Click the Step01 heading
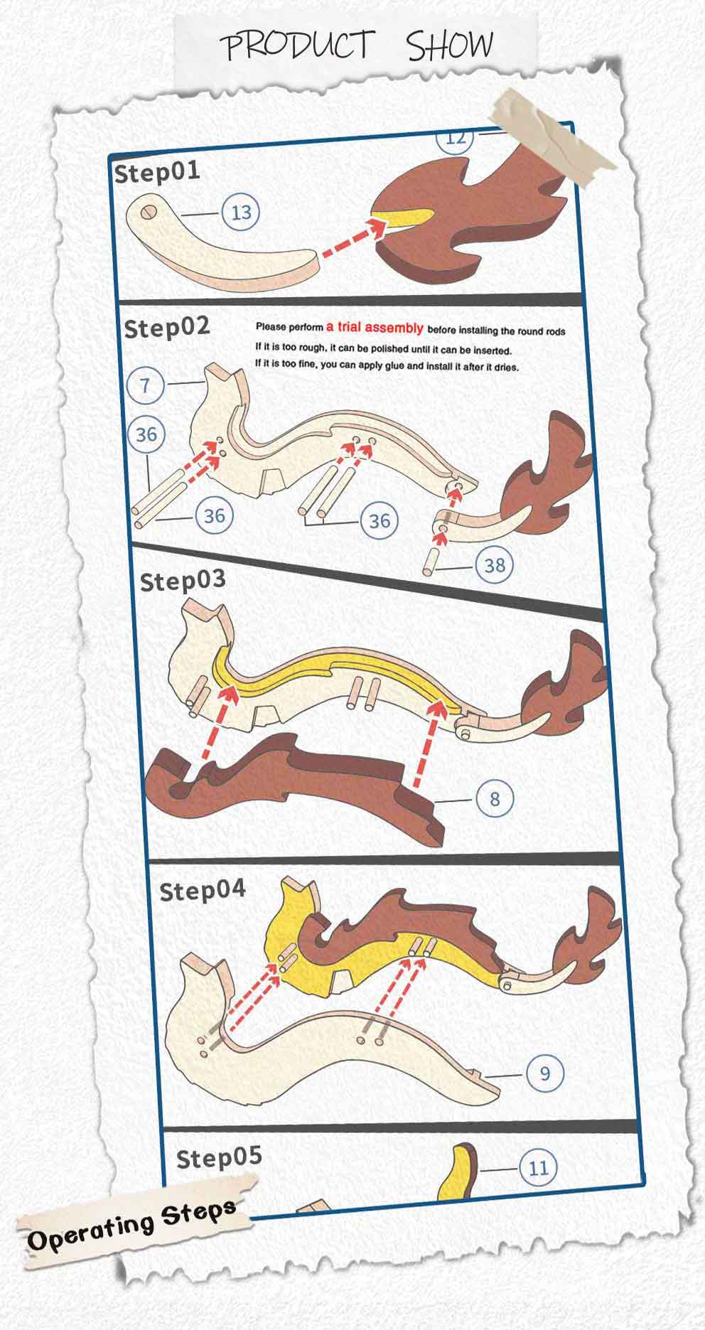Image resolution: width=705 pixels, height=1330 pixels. pos(157,173)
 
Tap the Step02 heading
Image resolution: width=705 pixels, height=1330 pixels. pos(167,328)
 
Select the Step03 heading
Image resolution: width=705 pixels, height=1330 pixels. pos(183,580)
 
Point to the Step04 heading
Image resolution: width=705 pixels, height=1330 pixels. pos(203,890)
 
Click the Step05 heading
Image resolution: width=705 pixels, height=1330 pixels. pos(220,1157)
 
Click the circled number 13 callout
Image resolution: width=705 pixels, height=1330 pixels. pos(242,212)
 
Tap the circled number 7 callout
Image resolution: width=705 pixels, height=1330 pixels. pos(145,385)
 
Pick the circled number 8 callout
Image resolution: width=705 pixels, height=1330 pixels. pos(495,799)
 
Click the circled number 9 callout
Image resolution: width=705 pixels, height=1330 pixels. pos(545,1073)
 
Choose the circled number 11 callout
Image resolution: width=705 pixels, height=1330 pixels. pos(539,1167)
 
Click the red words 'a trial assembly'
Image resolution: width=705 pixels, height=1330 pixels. pos(375,328)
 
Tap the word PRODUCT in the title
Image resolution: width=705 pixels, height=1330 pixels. pos(296,45)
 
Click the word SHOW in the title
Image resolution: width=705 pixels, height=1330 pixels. pos(450,45)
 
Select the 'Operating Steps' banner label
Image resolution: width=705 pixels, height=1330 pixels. pos(131,1221)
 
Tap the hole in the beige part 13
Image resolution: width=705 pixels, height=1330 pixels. pos(149,211)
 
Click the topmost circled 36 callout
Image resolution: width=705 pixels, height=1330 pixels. pos(146,434)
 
